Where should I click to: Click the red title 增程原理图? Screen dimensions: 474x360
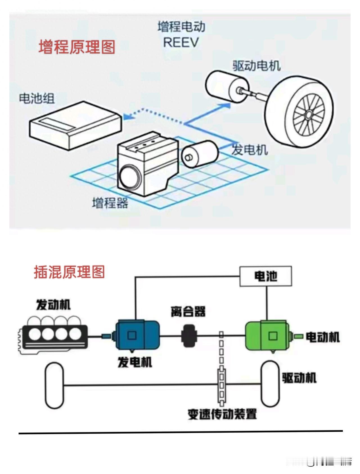77,47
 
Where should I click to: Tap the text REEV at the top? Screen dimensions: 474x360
181,43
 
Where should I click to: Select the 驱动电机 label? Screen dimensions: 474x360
256,66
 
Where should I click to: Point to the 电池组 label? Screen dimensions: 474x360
37,98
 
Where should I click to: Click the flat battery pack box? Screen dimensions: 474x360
75,125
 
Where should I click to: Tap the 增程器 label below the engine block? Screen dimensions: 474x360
110,203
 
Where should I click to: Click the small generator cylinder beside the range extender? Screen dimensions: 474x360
199,154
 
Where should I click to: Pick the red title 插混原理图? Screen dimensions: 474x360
69,272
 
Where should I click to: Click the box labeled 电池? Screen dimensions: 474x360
265,276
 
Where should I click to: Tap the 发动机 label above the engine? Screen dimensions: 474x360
53,305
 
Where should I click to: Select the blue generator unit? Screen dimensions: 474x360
138,335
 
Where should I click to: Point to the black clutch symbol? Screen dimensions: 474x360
189,335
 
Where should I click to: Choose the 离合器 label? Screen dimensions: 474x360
188,311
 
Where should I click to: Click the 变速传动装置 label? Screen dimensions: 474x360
222,414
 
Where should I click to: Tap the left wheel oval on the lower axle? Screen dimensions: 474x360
54,385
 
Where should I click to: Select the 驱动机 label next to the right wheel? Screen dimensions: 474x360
299,378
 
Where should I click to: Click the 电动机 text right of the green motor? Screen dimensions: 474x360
323,337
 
